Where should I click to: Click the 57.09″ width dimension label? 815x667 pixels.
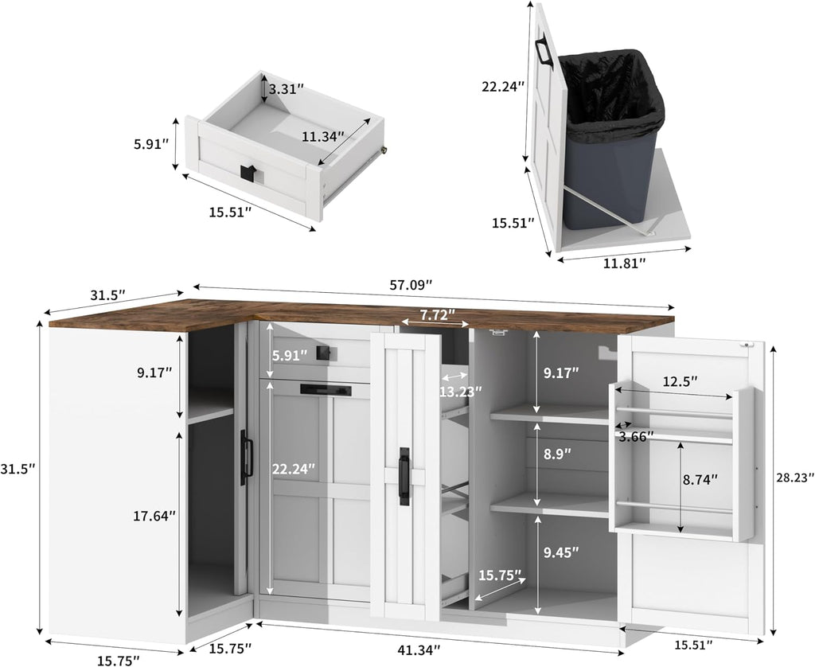411,285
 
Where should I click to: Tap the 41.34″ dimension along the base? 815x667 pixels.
419,649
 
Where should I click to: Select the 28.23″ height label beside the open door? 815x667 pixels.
794,478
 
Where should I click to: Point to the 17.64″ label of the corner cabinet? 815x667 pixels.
154,516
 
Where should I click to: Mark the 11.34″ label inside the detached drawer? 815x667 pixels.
323,137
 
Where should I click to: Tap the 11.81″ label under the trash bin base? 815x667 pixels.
625,263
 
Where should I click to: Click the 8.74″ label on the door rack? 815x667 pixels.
700,479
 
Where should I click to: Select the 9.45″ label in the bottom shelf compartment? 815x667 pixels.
561,552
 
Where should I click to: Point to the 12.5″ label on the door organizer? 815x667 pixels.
680,381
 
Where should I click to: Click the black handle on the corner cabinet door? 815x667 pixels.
247,458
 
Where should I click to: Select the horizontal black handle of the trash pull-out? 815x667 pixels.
326,390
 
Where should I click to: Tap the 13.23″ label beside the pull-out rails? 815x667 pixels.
461,392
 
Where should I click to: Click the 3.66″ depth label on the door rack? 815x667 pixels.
636,437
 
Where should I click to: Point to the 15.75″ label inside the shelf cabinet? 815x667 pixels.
500,575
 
